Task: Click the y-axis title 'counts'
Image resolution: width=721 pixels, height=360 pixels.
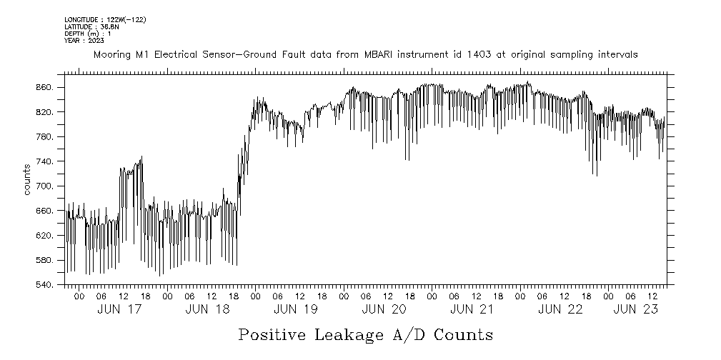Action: click(x=26, y=179)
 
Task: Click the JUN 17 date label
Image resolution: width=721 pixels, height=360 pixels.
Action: click(x=118, y=309)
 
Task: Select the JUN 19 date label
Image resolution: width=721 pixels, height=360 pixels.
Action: click(x=295, y=309)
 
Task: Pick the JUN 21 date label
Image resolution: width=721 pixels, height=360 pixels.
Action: click(x=472, y=309)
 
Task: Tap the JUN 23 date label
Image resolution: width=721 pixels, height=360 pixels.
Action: click(x=636, y=309)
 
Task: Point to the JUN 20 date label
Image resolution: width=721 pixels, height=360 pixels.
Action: click(x=384, y=309)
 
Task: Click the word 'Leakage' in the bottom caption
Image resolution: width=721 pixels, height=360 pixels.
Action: click(x=365, y=334)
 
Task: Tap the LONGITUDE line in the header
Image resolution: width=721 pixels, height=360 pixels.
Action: click(x=105, y=19)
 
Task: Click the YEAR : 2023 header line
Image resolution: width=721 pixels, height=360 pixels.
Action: click(x=84, y=41)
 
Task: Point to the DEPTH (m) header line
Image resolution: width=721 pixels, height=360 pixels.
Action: click(x=87, y=34)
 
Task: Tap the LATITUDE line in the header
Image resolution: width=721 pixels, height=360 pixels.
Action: click(x=89, y=26)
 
